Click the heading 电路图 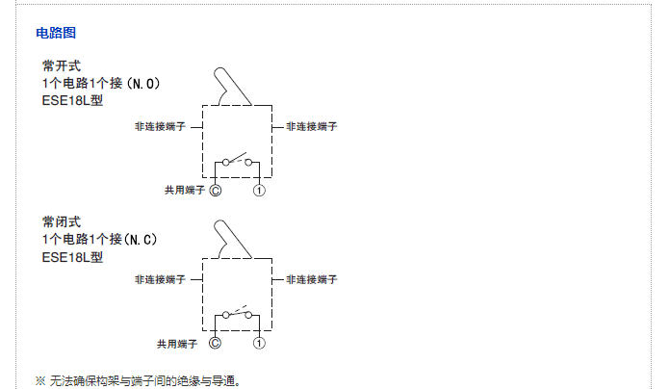click(56, 33)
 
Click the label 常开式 click(55, 65)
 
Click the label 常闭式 click(55, 220)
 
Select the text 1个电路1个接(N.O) click(100, 84)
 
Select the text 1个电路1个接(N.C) click(99, 238)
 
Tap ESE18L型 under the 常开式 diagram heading click(72, 102)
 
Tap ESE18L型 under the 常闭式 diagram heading click(72, 256)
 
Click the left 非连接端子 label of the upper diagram click(160, 126)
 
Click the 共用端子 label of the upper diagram click(183, 191)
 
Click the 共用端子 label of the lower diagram click(177, 343)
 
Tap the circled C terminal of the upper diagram click(215, 191)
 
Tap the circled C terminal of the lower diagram click(215, 343)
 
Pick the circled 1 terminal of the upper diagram click(259, 191)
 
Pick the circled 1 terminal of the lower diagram click(259, 343)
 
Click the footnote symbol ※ click(40, 380)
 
